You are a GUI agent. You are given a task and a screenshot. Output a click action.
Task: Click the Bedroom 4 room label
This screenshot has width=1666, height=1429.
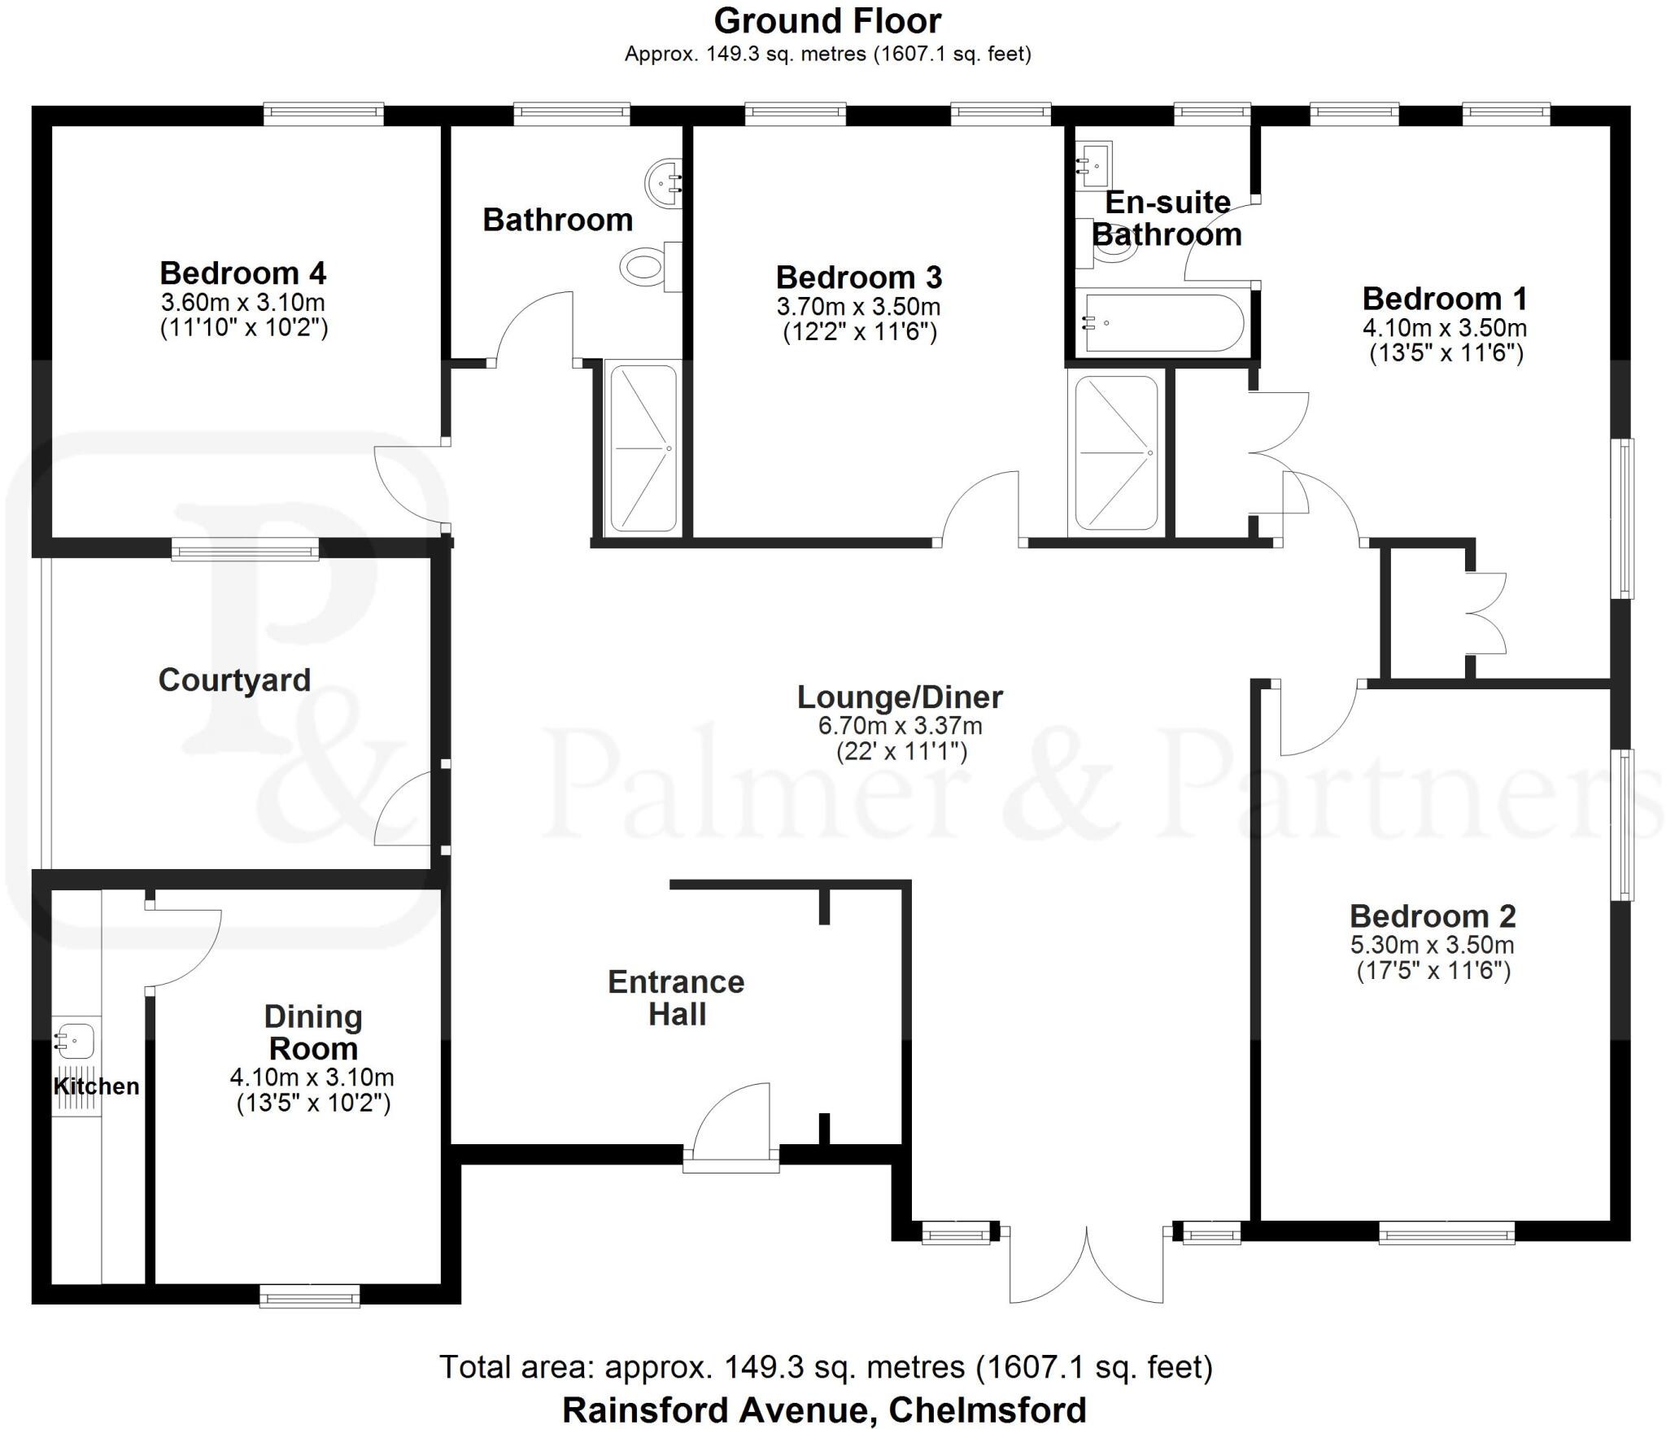(242, 273)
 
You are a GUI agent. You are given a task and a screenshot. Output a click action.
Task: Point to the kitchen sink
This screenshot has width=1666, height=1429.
(76, 1040)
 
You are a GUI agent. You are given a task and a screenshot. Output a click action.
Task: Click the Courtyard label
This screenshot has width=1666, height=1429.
(234, 680)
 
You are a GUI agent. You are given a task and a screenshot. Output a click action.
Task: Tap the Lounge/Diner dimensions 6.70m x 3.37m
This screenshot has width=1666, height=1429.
(900, 725)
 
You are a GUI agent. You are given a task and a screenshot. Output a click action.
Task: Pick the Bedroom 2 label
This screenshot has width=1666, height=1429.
(1433, 916)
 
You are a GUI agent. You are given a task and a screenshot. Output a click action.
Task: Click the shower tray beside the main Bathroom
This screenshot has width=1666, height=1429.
(643, 448)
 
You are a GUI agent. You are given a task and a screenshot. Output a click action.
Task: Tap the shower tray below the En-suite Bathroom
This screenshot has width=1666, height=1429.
(1116, 452)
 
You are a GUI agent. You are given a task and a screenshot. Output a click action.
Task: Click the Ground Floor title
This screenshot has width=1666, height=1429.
(827, 21)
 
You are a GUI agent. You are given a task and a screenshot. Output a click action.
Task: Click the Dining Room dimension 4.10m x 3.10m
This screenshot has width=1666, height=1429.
(312, 1077)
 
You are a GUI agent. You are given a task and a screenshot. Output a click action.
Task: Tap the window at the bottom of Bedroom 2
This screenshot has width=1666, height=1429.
(1446, 1235)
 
